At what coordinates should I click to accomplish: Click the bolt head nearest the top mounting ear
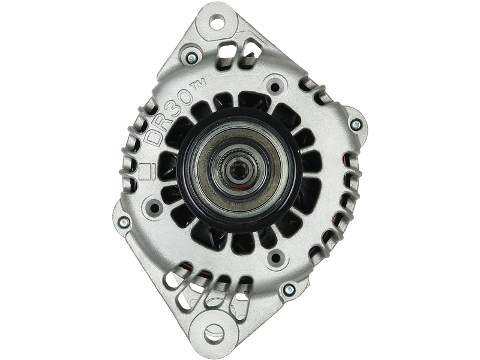pyautogui.click(x=191, y=58)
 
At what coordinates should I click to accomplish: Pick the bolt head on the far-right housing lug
pyautogui.click(x=355, y=125)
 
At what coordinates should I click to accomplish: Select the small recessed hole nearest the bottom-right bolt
pyautogui.click(x=275, y=259)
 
